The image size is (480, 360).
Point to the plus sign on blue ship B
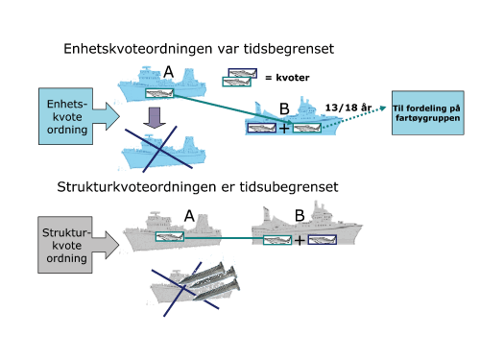tap(284, 127)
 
